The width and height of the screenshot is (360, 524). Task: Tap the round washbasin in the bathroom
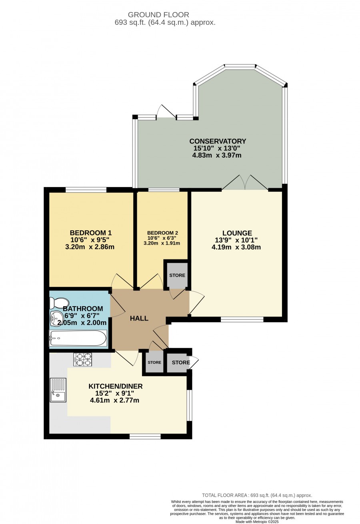pos(55,319)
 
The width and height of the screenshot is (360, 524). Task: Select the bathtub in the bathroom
pos(78,338)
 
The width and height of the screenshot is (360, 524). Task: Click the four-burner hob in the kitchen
pos(83,360)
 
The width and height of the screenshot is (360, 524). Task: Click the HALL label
pos(139,318)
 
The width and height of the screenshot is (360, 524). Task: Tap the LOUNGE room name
pos(237,233)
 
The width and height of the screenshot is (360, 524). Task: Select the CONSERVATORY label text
pos(218,141)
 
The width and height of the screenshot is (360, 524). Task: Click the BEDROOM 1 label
pos(91,233)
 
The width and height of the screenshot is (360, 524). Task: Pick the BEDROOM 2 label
pos(162,233)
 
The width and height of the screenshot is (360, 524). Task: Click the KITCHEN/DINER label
pos(115,386)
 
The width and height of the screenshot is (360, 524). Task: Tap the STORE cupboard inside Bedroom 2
pos(177,275)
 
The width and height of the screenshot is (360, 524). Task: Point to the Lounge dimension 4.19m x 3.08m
pos(236,247)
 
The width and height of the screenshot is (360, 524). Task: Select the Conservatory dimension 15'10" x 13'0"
pos(217,148)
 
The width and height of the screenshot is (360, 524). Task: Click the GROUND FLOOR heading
pos(158,15)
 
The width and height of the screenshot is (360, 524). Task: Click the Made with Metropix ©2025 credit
pos(257,522)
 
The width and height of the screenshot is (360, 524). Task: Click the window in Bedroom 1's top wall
pos(86,189)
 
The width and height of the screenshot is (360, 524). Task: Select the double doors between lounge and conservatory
pos(245,183)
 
